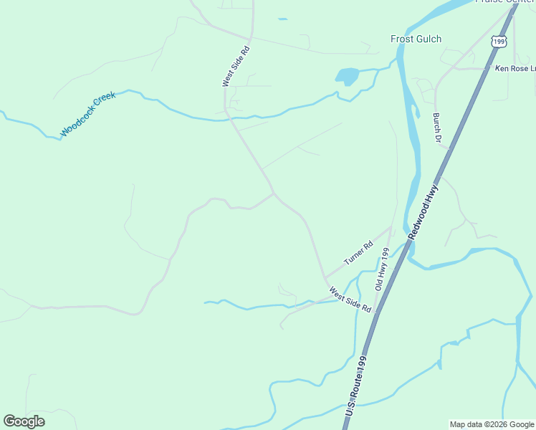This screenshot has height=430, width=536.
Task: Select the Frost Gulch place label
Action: tap(416, 39)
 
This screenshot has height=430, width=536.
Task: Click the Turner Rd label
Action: tap(358, 254)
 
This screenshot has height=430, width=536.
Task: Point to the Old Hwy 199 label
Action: tap(382, 269)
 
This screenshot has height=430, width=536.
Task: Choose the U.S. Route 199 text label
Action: tap(356, 387)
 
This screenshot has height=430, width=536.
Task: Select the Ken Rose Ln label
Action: tap(515, 69)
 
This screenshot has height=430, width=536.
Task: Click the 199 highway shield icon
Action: tap(498, 42)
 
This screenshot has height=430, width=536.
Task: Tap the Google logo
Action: tap(24, 421)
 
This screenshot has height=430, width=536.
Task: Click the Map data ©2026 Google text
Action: tap(492, 424)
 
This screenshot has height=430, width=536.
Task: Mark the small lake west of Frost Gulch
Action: tap(347, 75)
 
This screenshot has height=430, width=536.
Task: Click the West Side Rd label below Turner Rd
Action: tap(350, 300)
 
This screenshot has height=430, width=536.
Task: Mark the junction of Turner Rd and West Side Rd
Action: tap(325, 277)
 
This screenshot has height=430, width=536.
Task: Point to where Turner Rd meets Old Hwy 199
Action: tap(391, 228)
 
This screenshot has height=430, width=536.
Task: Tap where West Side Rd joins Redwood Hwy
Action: tap(375, 314)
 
